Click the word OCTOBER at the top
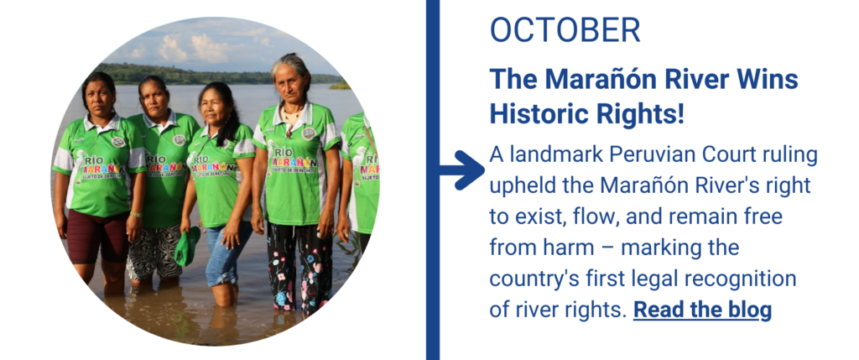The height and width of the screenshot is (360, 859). [565, 29]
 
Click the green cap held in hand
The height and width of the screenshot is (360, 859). [187, 246]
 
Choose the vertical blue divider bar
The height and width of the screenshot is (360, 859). [433, 180]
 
